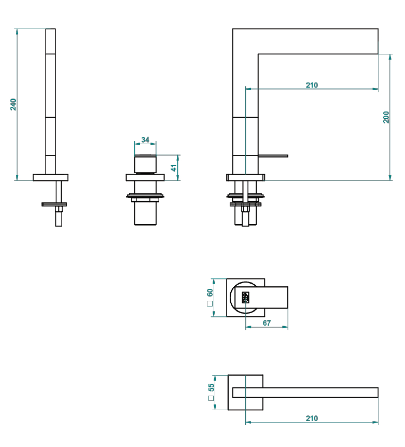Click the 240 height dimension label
pyautogui.click(x=13, y=104)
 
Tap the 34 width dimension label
pyautogui.click(x=145, y=139)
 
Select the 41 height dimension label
pyautogui.click(x=174, y=167)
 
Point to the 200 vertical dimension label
pyautogui.click(x=386, y=117)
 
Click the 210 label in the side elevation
pyautogui.click(x=312, y=85)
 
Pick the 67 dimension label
pyautogui.click(x=267, y=323)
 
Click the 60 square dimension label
pyautogui.click(x=210, y=293)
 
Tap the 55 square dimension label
pyautogui.click(x=211, y=387)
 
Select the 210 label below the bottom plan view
pyautogui.click(x=312, y=418)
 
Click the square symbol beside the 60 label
pyautogui.click(x=210, y=303)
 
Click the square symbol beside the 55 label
pyautogui.click(x=211, y=398)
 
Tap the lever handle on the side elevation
pyautogui.click(x=273, y=156)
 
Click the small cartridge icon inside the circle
pyautogui.click(x=245, y=297)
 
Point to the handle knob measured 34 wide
pyautogui.click(x=145, y=164)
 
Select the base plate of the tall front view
pyautogui.click(x=50, y=177)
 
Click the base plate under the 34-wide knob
pyautogui.click(x=145, y=177)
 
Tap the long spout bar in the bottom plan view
pyautogui.click(x=305, y=393)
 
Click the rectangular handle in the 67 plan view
pyautogui.click(x=261, y=297)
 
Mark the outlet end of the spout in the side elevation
pyautogui.click(x=378, y=41)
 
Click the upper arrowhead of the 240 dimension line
pyautogui.click(x=17, y=31)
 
